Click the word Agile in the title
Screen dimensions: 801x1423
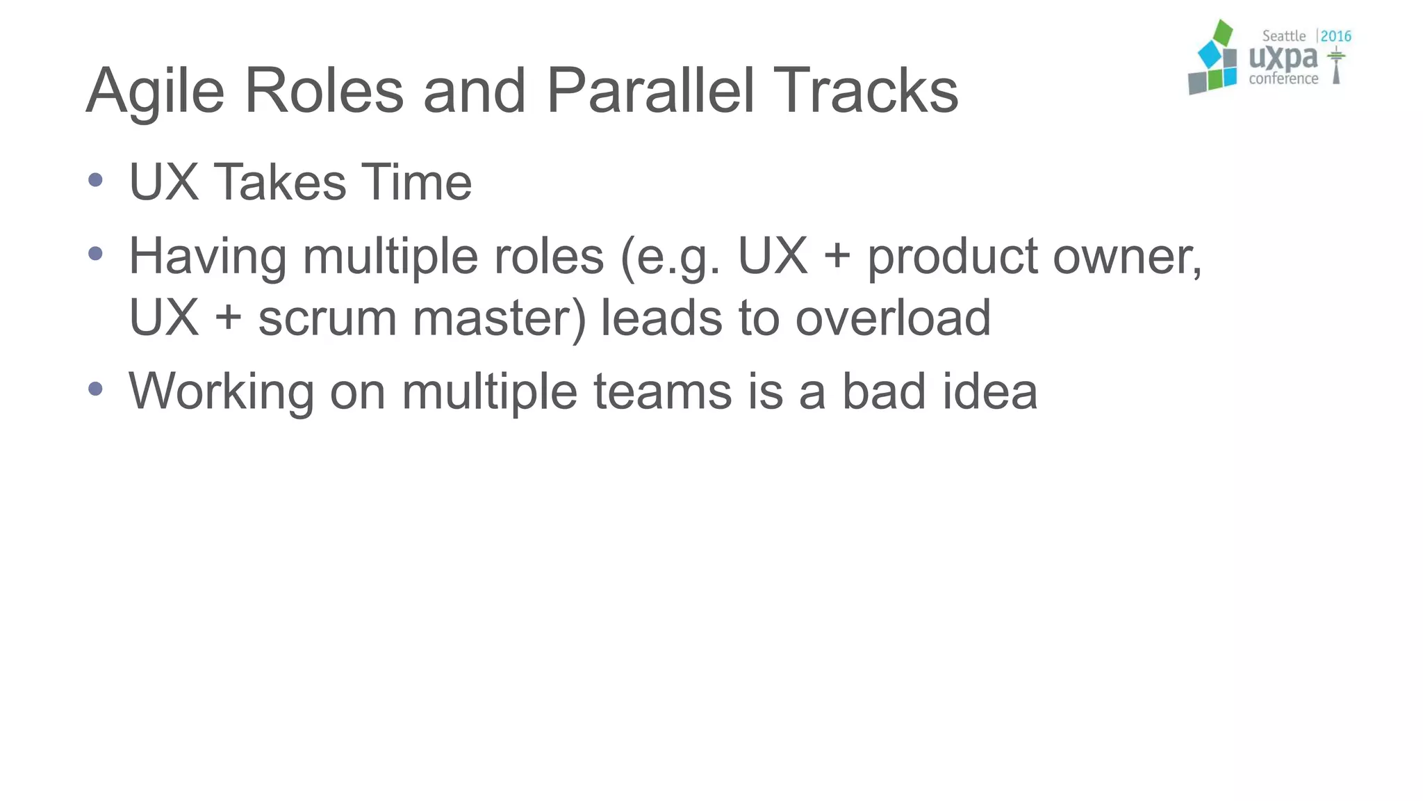pos(155,92)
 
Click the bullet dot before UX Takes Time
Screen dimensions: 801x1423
pos(96,181)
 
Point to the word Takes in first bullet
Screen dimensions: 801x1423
pos(279,182)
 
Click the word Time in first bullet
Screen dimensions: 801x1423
pos(416,182)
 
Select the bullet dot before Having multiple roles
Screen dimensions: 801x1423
pos(96,254)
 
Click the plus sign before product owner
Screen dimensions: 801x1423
pos(837,255)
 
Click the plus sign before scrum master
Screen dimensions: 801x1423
pos(229,318)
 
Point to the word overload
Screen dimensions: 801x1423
pos(892,317)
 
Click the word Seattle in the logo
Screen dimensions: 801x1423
pos(1283,36)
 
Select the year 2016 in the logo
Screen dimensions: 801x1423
pos(1335,36)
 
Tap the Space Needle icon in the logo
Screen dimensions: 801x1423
pos(1335,66)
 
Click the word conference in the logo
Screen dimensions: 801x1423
pos(1283,79)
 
